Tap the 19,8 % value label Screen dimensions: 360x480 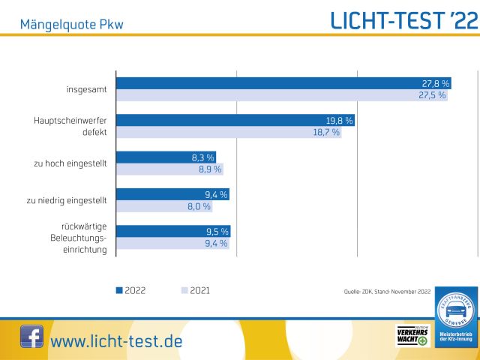click(339, 120)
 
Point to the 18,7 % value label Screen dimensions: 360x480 click(325, 132)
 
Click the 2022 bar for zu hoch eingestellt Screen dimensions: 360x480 click(166, 157)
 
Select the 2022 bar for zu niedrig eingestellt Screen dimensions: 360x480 click(172, 194)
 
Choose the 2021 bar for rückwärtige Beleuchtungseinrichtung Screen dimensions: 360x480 click(172, 243)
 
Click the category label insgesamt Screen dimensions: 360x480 click(86, 90)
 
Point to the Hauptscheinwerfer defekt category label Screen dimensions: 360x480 click(70, 126)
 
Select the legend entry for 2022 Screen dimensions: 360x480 click(130, 290)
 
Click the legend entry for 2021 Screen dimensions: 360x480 click(197, 290)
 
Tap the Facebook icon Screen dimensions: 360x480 click(31, 337)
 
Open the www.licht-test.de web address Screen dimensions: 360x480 click(116, 341)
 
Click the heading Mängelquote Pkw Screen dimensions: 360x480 click(72, 24)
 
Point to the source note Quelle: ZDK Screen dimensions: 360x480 click(387, 291)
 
